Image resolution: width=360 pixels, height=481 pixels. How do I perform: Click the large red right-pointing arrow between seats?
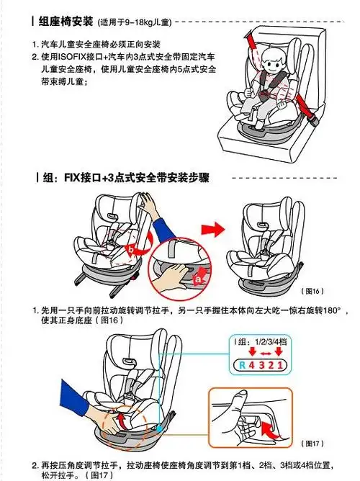point(210,230)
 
